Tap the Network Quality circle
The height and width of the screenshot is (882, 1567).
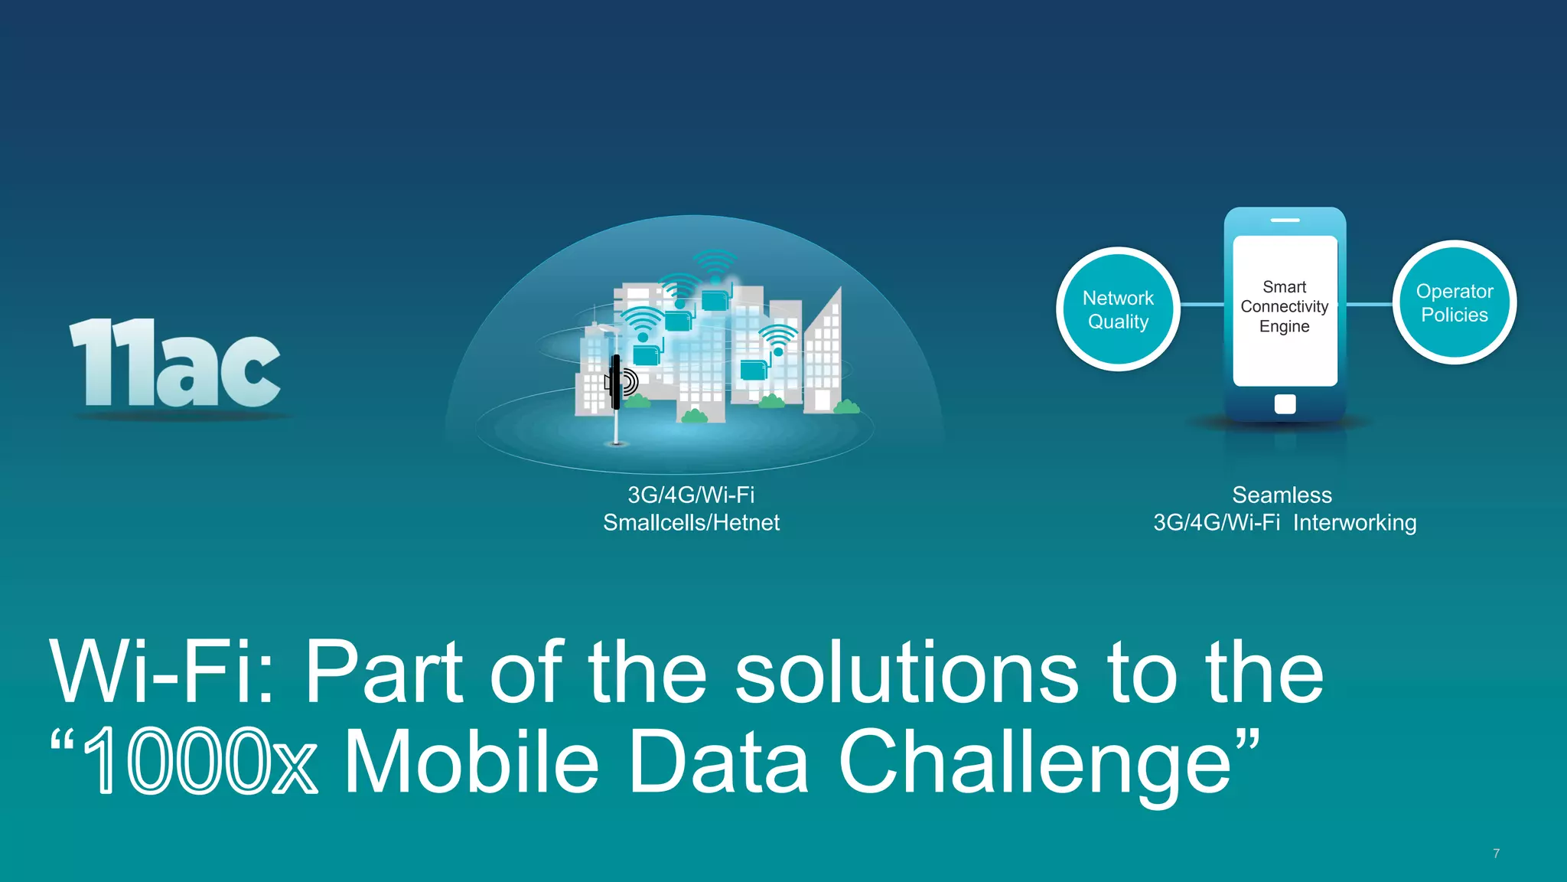(x=1118, y=309)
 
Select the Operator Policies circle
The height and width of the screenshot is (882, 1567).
(x=1454, y=302)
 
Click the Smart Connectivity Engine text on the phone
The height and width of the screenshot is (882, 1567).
(x=1285, y=306)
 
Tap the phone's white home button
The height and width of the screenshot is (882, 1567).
(x=1285, y=403)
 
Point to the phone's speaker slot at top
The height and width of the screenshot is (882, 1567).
(x=1285, y=220)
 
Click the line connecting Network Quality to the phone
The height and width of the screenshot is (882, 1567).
(x=1202, y=305)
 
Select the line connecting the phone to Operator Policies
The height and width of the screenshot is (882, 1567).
(x=1369, y=304)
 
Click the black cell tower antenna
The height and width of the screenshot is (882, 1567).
(x=616, y=381)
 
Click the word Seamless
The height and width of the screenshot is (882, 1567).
(x=1282, y=495)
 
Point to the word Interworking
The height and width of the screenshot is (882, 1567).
(x=1354, y=523)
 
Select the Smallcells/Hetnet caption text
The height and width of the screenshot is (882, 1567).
(x=691, y=523)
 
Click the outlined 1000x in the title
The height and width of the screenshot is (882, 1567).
(x=199, y=762)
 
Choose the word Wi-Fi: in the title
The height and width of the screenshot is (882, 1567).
(x=161, y=672)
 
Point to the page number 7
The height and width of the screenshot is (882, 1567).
(x=1496, y=853)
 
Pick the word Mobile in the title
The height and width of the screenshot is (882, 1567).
(x=471, y=762)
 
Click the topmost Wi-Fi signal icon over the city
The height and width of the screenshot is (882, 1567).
(x=715, y=264)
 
